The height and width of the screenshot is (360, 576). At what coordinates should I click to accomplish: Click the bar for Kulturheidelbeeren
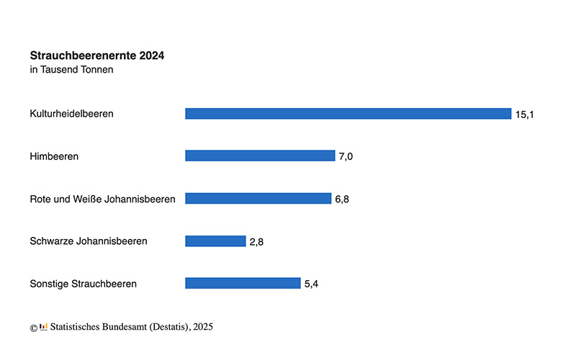click(348, 114)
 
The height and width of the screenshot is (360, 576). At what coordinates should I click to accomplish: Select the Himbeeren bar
click(260, 156)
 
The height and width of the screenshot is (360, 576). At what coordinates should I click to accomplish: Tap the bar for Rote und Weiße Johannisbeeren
click(258, 198)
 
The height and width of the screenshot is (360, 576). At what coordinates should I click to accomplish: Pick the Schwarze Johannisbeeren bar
click(215, 241)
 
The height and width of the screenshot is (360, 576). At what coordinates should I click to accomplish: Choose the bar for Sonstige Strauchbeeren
click(243, 283)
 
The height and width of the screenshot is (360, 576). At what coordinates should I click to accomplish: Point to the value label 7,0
click(346, 156)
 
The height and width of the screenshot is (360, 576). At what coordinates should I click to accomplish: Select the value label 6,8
click(342, 199)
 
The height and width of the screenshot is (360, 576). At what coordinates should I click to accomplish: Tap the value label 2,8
click(257, 242)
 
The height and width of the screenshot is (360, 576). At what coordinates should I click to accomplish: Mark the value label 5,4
click(311, 284)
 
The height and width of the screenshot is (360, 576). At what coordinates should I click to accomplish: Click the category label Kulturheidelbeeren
click(71, 114)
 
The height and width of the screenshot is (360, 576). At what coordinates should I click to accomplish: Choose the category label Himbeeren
click(54, 156)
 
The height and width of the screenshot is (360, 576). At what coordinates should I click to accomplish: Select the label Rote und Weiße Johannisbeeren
click(102, 199)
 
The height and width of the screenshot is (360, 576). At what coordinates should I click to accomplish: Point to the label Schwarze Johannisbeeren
click(88, 241)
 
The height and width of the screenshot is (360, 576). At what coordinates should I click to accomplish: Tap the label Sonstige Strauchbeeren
click(83, 284)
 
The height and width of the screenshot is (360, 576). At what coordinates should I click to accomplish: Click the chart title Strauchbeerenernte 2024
click(96, 55)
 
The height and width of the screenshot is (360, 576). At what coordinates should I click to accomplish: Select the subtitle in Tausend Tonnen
click(71, 70)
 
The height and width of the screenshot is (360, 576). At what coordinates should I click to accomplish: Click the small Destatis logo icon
click(43, 327)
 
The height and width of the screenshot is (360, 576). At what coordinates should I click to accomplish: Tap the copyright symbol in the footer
click(33, 328)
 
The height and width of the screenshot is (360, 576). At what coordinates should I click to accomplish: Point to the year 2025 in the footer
click(202, 327)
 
